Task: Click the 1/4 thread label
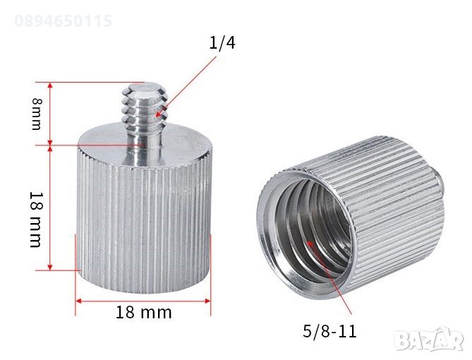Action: pyautogui.click(x=222, y=43)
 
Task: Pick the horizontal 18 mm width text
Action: pyautogui.click(x=143, y=312)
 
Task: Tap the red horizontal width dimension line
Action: pyautogui.click(x=143, y=301)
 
